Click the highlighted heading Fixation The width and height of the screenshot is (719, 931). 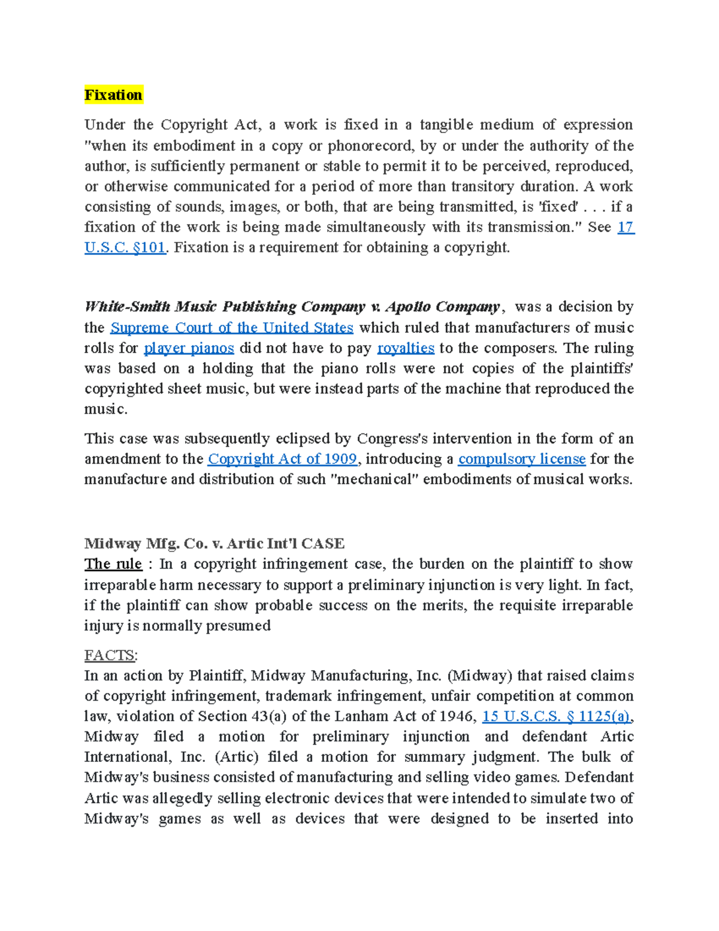[113, 95]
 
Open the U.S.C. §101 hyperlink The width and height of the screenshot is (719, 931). [125, 248]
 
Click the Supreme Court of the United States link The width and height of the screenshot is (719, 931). [232, 328]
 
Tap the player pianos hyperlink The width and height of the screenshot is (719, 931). [189, 348]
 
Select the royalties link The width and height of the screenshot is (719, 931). [406, 348]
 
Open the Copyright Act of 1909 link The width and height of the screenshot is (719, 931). [282, 459]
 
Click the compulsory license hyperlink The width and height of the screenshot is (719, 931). [521, 459]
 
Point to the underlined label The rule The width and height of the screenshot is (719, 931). [113, 564]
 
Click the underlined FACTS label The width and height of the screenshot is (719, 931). [110, 655]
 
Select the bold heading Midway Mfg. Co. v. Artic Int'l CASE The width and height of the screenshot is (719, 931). [214, 544]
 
